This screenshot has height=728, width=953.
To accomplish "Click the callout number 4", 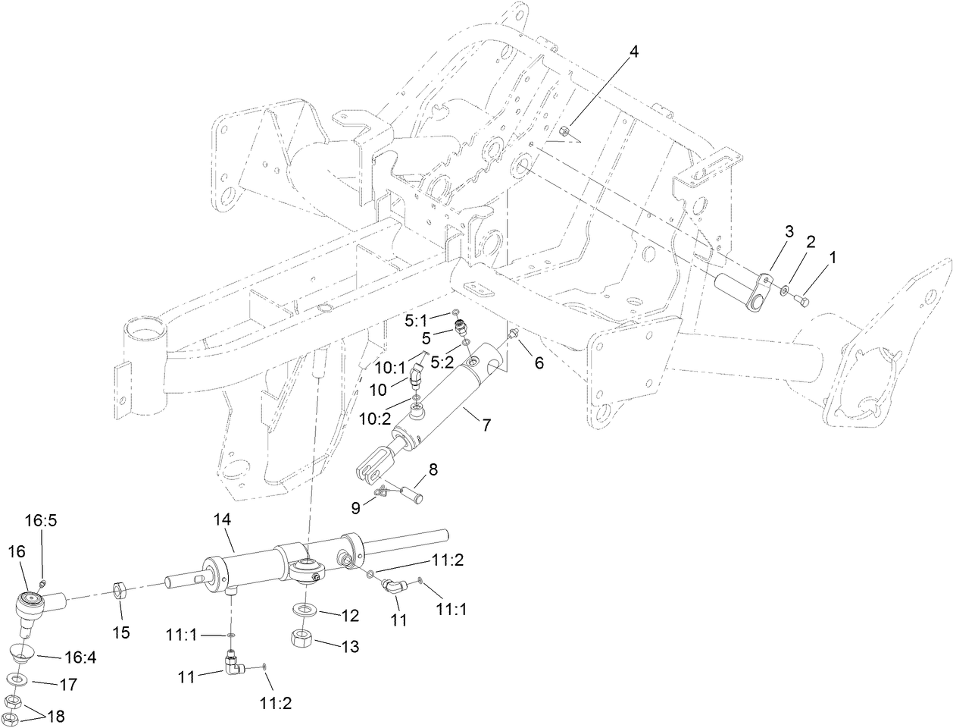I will coord(633,52).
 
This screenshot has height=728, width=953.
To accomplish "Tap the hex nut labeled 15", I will coord(119,589).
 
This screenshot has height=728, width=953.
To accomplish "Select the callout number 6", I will coord(539,363).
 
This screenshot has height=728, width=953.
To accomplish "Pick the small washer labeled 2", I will coord(785,290).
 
